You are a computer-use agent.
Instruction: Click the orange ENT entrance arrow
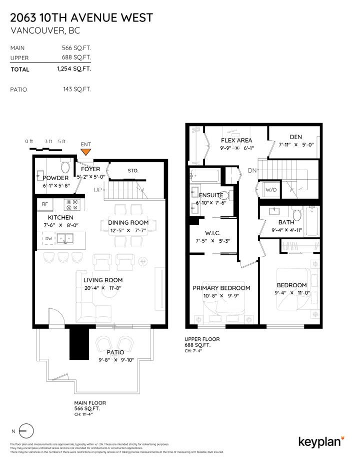point(86,152)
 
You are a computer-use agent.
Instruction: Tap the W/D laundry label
point(270,190)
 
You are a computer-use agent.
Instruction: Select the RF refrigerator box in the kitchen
point(45,204)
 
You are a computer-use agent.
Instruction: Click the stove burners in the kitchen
point(72,204)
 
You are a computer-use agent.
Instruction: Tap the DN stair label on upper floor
point(252,171)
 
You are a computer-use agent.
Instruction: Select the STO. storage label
point(132,171)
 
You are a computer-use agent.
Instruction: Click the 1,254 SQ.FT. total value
point(74,69)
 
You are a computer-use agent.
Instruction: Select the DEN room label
point(295,137)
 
